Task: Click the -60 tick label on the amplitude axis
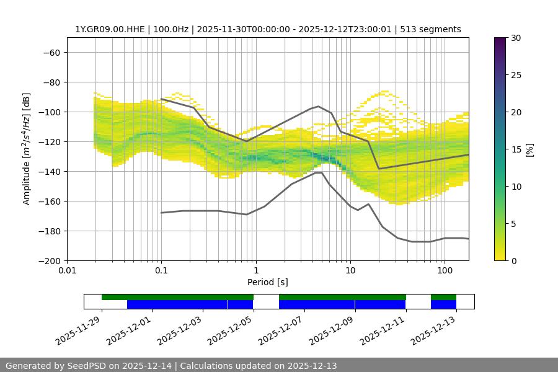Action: pyautogui.click(x=51, y=52)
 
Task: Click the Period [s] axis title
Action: pyautogui.click(x=267, y=282)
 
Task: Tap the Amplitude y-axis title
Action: pyautogui.click(x=27, y=149)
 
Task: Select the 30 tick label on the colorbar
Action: pyautogui.click(x=515, y=38)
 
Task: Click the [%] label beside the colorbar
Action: pyautogui.click(x=529, y=149)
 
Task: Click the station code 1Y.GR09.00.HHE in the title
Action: pyautogui.click(x=110, y=29)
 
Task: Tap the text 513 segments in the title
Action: pyautogui.click(x=430, y=29)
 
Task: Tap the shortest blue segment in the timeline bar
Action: pyautogui.click(x=443, y=304)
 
